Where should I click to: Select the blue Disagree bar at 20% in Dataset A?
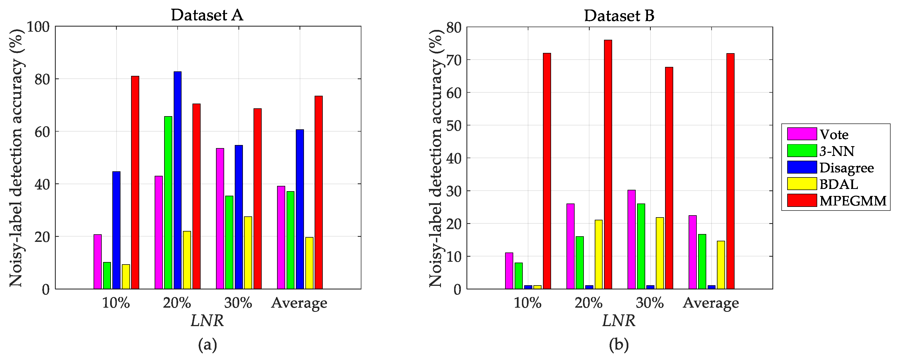(x=178, y=180)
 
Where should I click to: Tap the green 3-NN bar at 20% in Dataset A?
(x=168, y=202)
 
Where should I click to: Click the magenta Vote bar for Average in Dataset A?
(x=281, y=237)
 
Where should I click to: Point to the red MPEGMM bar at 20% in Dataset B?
(x=608, y=164)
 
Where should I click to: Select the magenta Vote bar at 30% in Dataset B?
(x=631, y=239)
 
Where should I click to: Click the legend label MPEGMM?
(x=852, y=201)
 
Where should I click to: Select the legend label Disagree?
(x=846, y=168)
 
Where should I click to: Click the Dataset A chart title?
(x=207, y=15)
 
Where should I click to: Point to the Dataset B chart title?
(x=619, y=16)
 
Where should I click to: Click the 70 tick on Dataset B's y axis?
(x=453, y=60)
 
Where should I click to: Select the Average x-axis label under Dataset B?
(x=710, y=303)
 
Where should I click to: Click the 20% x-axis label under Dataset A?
(x=177, y=303)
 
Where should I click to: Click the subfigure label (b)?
(x=619, y=345)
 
